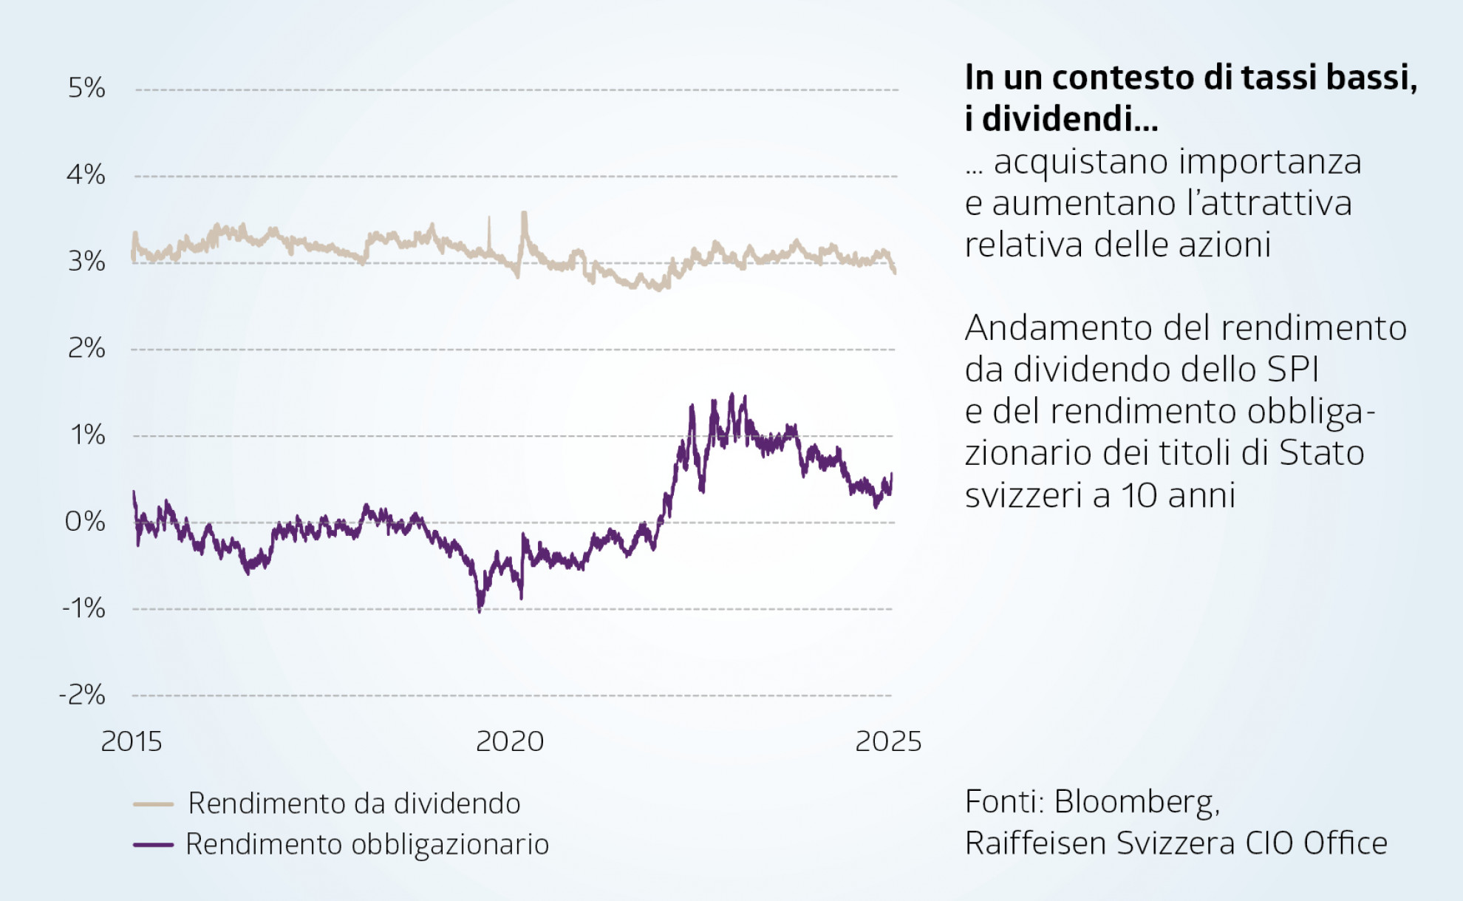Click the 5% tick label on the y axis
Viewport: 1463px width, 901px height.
click(86, 88)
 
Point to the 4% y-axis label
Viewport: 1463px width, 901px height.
click(86, 175)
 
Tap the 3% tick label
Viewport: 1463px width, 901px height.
click(86, 262)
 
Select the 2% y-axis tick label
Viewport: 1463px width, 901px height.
click(86, 348)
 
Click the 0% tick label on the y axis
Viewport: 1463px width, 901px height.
click(85, 522)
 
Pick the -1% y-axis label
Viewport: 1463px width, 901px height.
click(83, 608)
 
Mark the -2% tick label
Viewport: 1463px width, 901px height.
click(82, 695)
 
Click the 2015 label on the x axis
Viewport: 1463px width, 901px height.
click(132, 741)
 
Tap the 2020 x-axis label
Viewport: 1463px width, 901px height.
click(510, 741)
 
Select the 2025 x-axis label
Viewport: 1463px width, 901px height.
click(888, 741)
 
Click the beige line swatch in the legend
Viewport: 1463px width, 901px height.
click(153, 804)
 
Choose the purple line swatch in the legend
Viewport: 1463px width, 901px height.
click(153, 844)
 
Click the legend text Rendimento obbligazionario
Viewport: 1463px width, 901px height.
click(367, 844)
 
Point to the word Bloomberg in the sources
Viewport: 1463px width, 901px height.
click(1136, 802)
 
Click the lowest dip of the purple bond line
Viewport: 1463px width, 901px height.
click(480, 611)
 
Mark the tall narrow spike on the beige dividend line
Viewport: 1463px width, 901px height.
click(488, 219)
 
